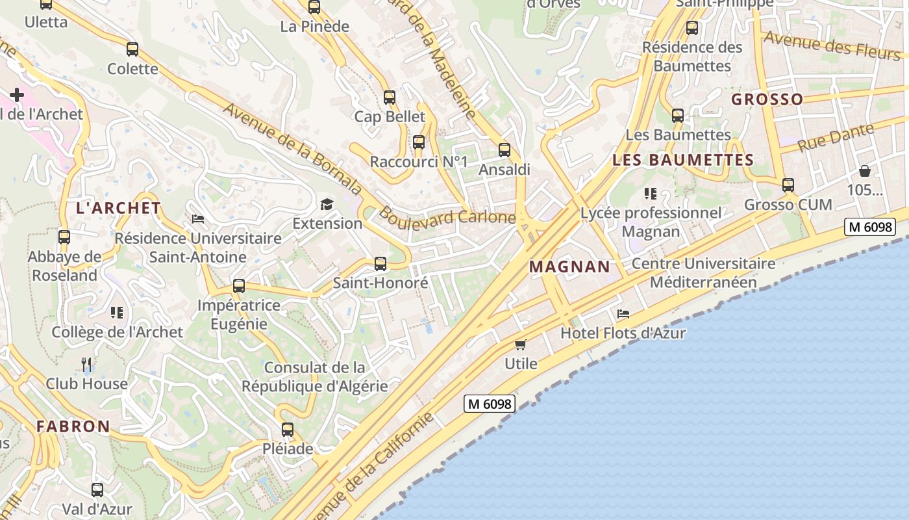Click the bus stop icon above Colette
pyautogui.click(x=132, y=49)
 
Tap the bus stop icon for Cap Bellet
pyautogui.click(x=390, y=97)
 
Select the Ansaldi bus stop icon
pyautogui.click(x=504, y=150)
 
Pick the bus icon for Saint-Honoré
pyautogui.click(x=380, y=264)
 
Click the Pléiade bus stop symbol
pyautogui.click(x=288, y=430)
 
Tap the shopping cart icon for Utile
pyautogui.click(x=520, y=344)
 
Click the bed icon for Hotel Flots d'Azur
pyautogui.click(x=623, y=314)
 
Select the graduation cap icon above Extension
pyautogui.click(x=327, y=205)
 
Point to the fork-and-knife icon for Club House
pyautogui.click(x=86, y=364)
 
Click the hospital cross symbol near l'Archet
pyautogui.click(x=17, y=96)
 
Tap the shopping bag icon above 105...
pyautogui.click(x=865, y=171)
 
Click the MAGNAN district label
pyautogui.click(x=569, y=266)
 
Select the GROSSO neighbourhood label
pyautogui.click(x=767, y=99)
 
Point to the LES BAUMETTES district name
pyautogui.click(x=683, y=160)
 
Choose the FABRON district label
pyautogui.click(x=73, y=427)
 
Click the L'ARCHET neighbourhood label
pyautogui.click(x=118, y=208)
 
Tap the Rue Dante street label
pyautogui.click(x=834, y=137)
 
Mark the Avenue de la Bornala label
pyautogui.click(x=292, y=148)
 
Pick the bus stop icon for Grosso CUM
pyautogui.click(x=788, y=185)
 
